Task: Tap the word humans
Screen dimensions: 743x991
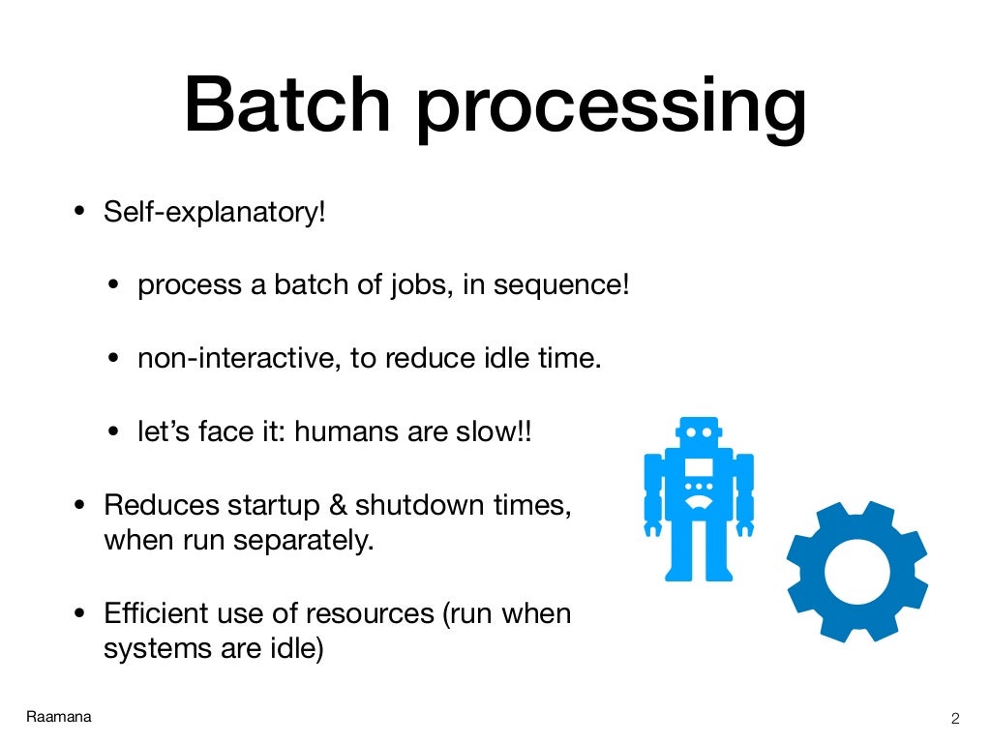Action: coord(346,431)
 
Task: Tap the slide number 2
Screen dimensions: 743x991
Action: coord(955,718)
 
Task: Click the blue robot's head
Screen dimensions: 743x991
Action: coord(699,433)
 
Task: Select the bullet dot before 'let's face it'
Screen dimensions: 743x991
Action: coord(115,432)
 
